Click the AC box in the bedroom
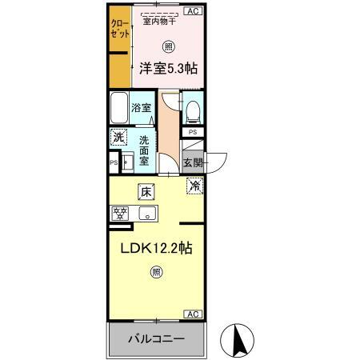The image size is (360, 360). tap(194, 11)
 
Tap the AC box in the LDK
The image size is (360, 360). tap(193, 314)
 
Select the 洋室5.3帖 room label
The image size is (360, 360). tap(169, 69)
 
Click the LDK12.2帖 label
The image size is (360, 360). tap(157, 248)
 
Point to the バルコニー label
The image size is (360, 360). tap(157, 339)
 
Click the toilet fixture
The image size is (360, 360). tap(193, 112)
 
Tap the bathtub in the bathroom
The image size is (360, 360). tap(119, 108)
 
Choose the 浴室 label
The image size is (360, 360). tap(142, 108)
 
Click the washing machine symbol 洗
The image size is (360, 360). tap(118, 137)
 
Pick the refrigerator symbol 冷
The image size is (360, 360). tap(195, 186)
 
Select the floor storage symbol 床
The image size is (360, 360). tap(146, 192)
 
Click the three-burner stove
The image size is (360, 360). tap(121, 214)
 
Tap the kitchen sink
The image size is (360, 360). tap(147, 214)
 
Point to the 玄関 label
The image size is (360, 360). tap(194, 162)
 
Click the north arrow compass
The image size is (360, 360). tap(237, 340)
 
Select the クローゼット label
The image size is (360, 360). tap(120, 29)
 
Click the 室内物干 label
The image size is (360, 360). tap(159, 22)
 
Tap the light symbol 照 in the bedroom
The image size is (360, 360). tap(169, 46)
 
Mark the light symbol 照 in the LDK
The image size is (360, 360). tap(157, 272)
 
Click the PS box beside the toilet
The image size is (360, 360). tap(193, 132)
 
